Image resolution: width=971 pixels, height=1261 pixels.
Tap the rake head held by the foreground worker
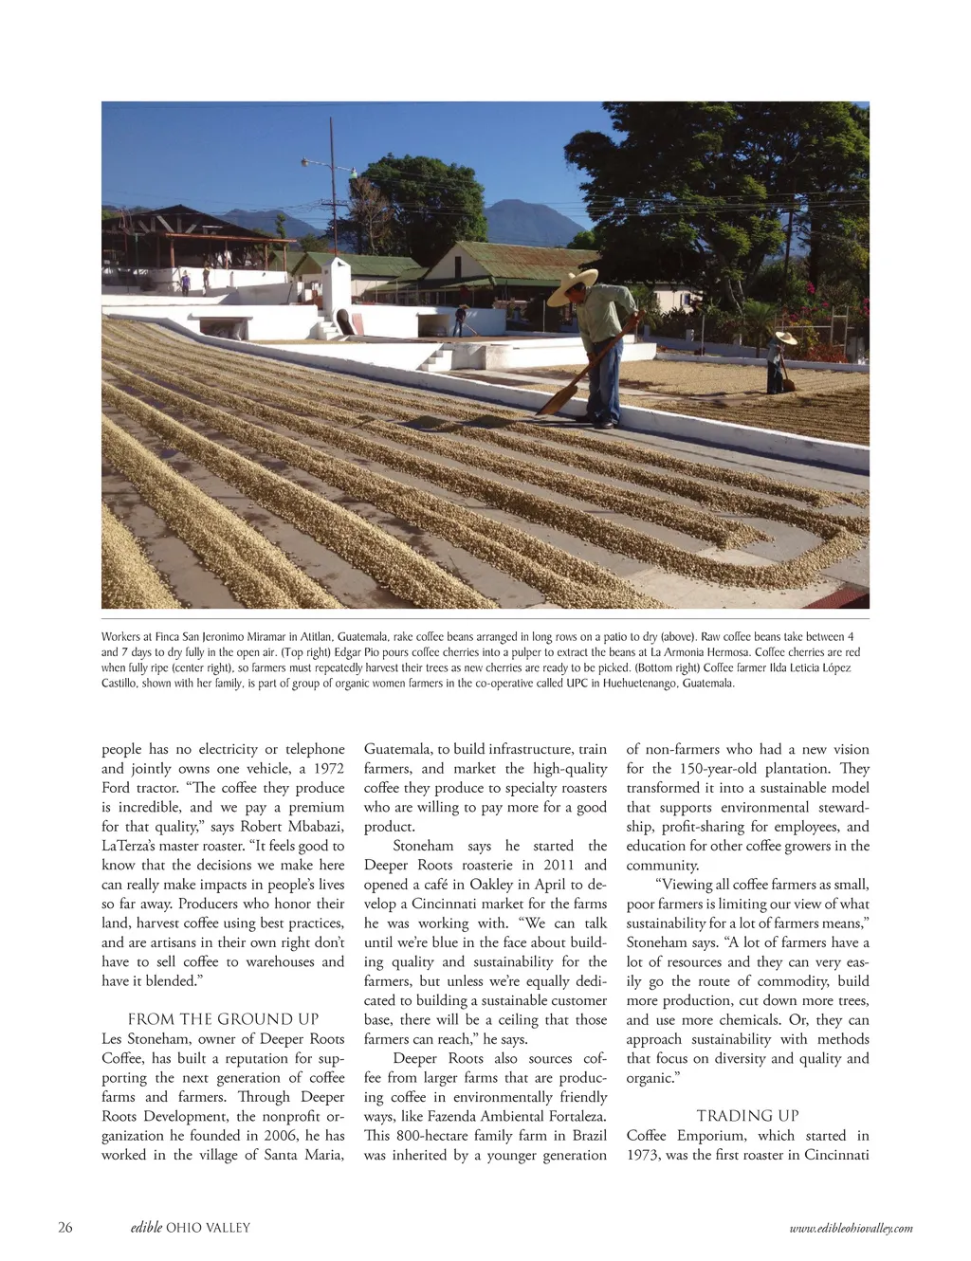coord(557,397)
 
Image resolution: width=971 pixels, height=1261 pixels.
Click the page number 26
coord(64,1227)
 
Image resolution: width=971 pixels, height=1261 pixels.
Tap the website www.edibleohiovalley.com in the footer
coord(851,1228)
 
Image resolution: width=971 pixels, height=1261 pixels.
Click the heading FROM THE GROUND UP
coord(223,1019)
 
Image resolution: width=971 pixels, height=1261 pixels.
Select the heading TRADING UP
coord(747,1116)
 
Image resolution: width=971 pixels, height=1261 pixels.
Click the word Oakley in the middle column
coord(491,885)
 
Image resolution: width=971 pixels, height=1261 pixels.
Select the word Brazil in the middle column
coord(589,1135)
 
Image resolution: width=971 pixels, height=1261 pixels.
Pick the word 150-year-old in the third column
coord(724,768)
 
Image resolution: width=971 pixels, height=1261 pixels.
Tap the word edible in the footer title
coord(146,1227)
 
